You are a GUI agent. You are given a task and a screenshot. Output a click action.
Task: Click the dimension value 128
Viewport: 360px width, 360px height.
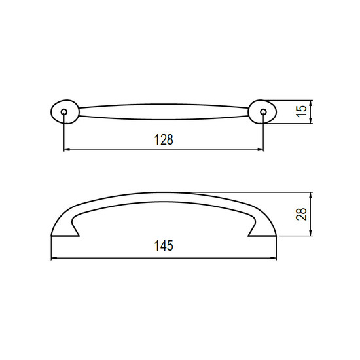coord(164,139)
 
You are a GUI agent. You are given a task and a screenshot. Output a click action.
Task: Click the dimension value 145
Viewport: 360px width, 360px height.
coord(164,245)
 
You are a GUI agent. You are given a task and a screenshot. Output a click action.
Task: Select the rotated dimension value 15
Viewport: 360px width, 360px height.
coord(302,111)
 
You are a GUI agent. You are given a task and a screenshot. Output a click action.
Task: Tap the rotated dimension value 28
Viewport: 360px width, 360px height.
coord(302,214)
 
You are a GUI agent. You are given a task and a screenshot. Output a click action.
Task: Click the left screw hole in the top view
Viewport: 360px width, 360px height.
coord(64,112)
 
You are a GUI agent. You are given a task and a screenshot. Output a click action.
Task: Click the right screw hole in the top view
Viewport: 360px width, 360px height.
coord(263,112)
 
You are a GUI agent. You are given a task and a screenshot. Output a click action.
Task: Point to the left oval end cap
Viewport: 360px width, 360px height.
coord(65,112)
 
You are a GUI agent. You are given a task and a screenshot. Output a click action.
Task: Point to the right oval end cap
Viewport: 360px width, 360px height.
coord(262,112)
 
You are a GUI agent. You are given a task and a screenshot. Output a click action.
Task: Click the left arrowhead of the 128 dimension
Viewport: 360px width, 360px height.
coord(66,149)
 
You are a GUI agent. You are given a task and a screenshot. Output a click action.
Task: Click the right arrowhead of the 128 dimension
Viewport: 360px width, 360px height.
coord(261,149)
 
